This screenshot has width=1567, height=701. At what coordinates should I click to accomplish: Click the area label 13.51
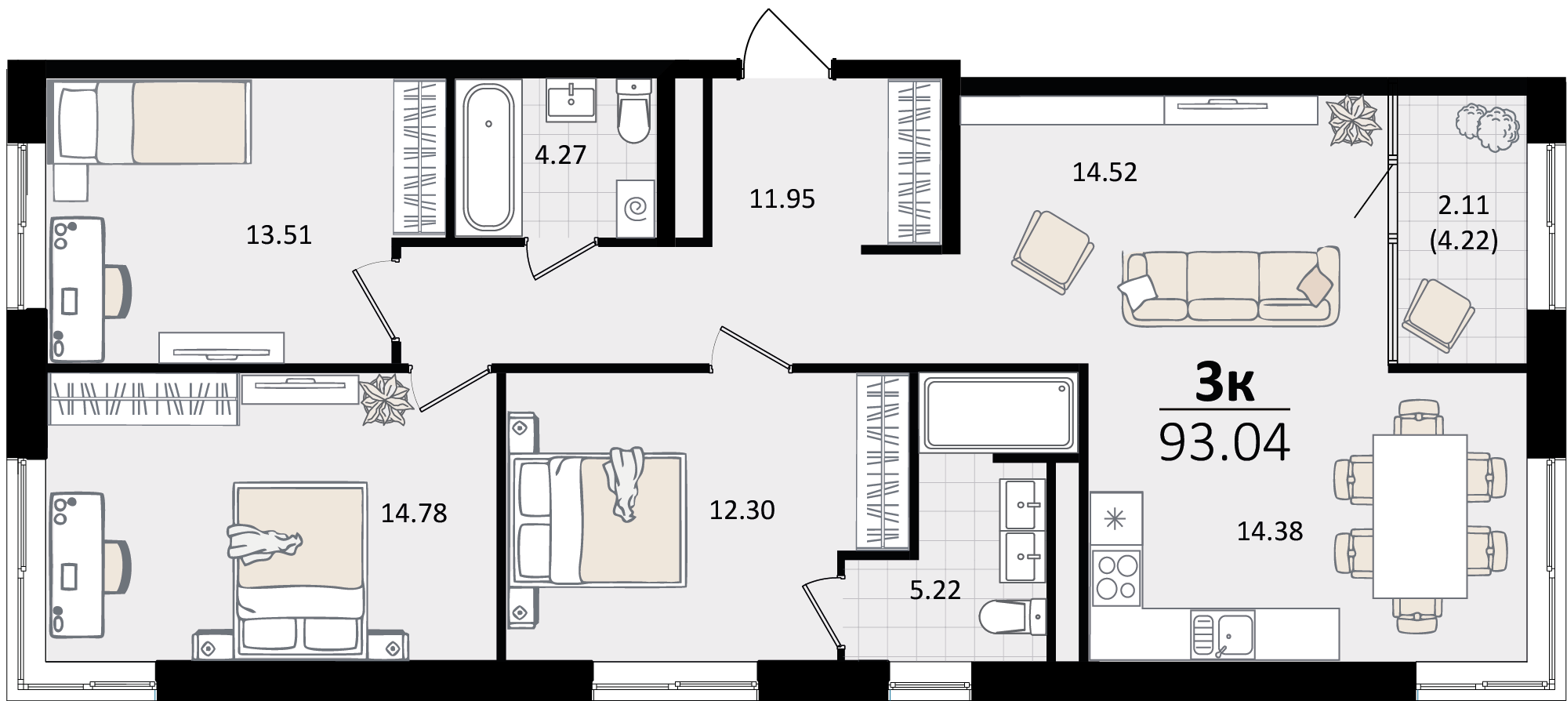pyautogui.click(x=279, y=234)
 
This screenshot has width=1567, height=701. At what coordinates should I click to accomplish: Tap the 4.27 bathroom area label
pyautogui.click(x=560, y=154)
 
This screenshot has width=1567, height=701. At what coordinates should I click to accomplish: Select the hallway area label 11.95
pyautogui.click(x=782, y=199)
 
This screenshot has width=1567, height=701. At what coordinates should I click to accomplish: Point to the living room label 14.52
pyautogui.click(x=1105, y=172)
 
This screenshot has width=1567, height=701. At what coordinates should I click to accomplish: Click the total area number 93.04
pyautogui.click(x=1224, y=442)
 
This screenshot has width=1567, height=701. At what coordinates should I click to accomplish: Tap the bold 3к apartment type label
pyautogui.click(x=1224, y=384)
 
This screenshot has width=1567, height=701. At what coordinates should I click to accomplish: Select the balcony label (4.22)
pyautogui.click(x=1464, y=239)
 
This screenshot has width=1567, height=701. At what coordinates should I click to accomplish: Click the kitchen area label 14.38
pyautogui.click(x=1270, y=532)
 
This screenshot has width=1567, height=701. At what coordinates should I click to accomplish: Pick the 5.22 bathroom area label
pyautogui.click(x=935, y=590)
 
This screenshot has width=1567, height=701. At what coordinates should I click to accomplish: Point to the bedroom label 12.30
pyautogui.click(x=742, y=510)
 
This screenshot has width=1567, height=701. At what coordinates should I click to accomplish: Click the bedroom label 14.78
pyautogui.click(x=414, y=514)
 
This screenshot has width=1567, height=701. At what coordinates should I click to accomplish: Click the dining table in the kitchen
pyautogui.click(x=1420, y=516)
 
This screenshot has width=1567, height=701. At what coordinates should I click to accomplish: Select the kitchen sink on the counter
pyautogui.click(x=1222, y=634)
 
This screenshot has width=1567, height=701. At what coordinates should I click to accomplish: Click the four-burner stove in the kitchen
pyautogui.click(x=1117, y=577)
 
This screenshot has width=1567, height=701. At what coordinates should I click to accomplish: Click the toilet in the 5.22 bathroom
pyautogui.click(x=1013, y=618)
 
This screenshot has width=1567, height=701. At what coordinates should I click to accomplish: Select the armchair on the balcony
pyautogui.click(x=1438, y=314)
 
